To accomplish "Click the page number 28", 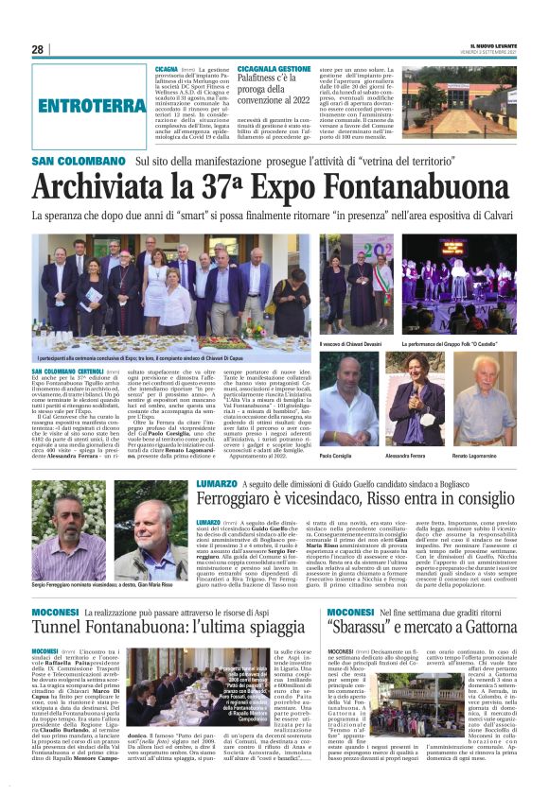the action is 37,49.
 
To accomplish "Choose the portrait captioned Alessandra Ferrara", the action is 415,387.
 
